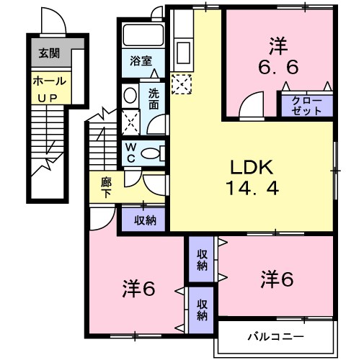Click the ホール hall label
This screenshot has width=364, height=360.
point(50,81)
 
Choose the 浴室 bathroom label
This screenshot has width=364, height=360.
point(141,62)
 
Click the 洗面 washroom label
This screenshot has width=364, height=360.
point(155,98)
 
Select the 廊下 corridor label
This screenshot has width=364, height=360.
point(105,188)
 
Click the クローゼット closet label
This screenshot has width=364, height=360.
point(306,106)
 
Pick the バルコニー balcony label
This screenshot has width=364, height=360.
point(277,336)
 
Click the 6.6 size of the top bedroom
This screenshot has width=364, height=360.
point(278,70)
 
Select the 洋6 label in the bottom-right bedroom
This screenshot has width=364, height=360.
point(276,278)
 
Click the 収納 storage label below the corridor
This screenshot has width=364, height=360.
point(144,220)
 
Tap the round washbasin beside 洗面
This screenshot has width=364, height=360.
point(130,96)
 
